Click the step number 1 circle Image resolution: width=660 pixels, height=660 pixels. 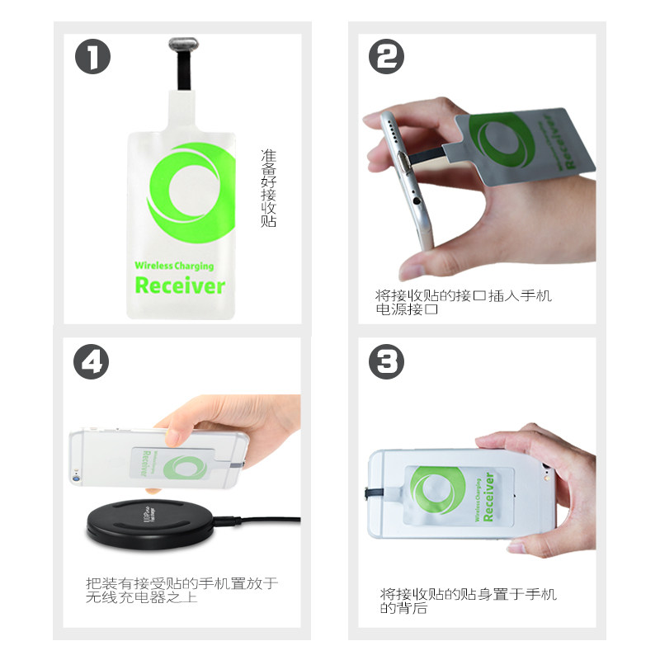click(92, 57)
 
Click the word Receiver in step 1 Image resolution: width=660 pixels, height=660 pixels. click(179, 286)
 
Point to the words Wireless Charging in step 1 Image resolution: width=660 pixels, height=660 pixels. click(174, 266)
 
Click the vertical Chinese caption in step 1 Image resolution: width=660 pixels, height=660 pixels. click(268, 188)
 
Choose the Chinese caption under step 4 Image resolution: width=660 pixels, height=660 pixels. click(181, 590)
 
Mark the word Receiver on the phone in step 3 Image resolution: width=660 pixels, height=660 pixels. click(488, 497)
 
